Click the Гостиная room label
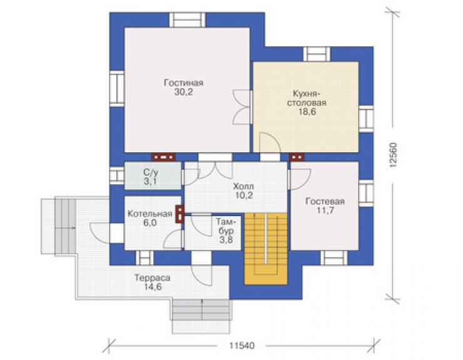pyautogui.click(x=183, y=83)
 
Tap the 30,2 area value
pyautogui.click(x=183, y=92)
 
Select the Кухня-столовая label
pyautogui.click(x=307, y=98)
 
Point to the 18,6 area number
pyautogui.click(x=307, y=111)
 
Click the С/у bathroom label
pyautogui.click(x=150, y=172)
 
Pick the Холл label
pyautogui.click(x=243, y=186)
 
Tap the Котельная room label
pyautogui.click(x=150, y=213)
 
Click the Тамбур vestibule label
pyautogui.click(x=226, y=226)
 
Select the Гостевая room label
pyautogui.click(x=325, y=201)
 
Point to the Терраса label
pyautogui.click(x=153, y=278)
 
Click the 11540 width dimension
pyautogui.click(x=242, y=345)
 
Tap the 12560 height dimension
pyautogui.click(x=393, y=155)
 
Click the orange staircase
pyautogui.click(x=266, y=249)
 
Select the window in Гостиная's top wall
pyautogui.click(x=187, y=20)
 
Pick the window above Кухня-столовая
pyautogui.click(x=317, y=54)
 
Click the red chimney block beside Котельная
pyautogui.click(x=180, y=214)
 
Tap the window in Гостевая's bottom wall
pyautogui.click(x=334, y=258)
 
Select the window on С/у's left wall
pyautogui.click(x=117, y=176)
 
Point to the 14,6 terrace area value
pyautogui.click(x=153, y=287)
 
